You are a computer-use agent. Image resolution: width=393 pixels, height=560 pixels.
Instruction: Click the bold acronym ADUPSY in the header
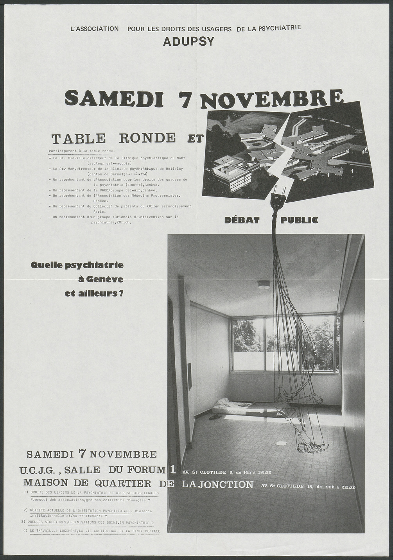tap(188, 41)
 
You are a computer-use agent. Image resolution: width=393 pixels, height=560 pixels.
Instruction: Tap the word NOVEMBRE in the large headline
tap(271, 100)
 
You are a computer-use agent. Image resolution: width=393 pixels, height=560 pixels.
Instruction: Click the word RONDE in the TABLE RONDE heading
tap(147, 138)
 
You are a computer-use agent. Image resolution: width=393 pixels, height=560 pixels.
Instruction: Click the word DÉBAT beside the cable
tap(242, 220)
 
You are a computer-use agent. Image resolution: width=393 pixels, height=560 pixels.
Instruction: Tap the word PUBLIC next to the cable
tap(299, 220)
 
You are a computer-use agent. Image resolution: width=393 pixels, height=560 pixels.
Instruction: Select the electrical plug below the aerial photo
tap(278, 199)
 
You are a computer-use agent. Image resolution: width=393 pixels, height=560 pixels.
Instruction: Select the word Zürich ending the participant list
tap(124, 222)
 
